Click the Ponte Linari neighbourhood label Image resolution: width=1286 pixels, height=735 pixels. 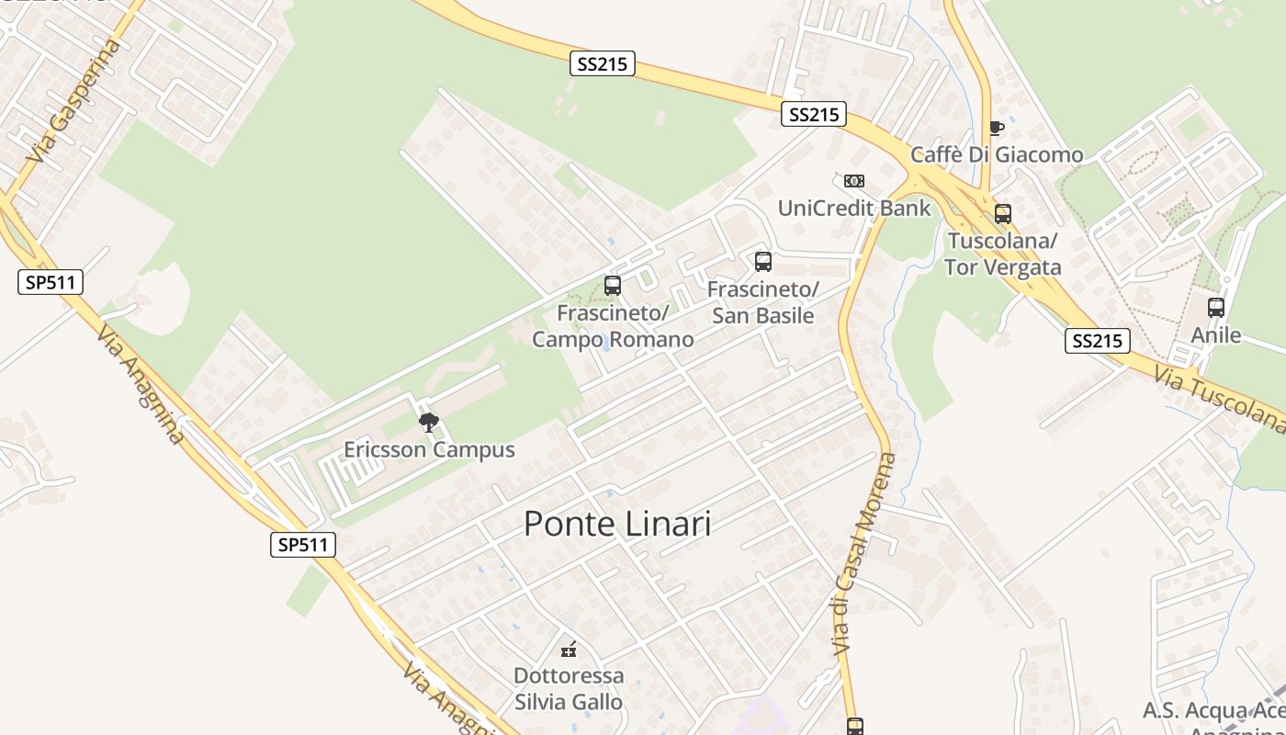tap(617, 524)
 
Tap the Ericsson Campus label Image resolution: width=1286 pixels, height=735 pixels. tap(429, 450)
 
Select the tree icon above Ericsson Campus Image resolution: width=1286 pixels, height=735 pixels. tap(428, 423)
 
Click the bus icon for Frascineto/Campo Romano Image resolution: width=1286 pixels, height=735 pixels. tap(613, 286)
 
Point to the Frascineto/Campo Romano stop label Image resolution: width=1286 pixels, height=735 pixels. tap(613, 326)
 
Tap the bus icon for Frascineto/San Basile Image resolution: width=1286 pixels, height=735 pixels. tap(763, 262)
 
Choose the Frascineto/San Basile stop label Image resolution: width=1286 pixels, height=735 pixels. tap(763, 303)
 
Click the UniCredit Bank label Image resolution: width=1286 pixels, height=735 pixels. tap(854, 208)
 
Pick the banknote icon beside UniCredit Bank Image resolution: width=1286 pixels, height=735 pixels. tap(854, 181)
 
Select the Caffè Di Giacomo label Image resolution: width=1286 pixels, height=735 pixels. tap(997, 154)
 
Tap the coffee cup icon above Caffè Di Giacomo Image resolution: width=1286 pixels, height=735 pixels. tap(997, 128)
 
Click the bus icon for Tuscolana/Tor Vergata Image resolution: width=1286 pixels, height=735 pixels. tap(1003, 214)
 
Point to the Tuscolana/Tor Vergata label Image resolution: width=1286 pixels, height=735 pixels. tap(1003, 254)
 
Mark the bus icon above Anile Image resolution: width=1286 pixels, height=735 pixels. tap(1216, 308)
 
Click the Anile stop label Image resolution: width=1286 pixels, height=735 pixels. tap(1216, 335)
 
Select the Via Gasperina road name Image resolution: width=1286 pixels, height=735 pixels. tap(74, 102)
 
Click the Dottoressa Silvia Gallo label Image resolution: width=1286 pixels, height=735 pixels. tap(569, 689)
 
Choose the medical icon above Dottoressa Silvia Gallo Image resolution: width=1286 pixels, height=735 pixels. tap(570, 650)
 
